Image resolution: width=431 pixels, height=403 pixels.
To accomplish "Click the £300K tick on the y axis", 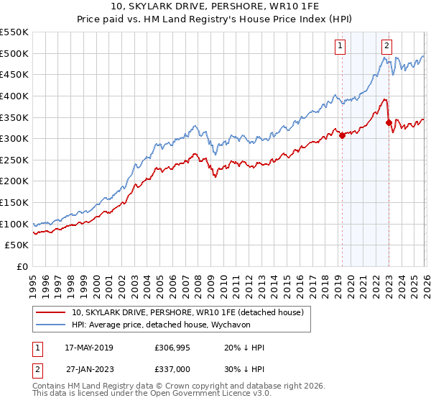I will click(14, 138).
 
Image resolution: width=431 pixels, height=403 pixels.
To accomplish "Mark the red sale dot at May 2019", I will click(342, 135).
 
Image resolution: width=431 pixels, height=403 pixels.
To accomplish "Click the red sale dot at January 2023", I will click(389, 122).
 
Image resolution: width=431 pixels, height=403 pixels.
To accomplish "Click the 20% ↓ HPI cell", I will click(244, 348).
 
